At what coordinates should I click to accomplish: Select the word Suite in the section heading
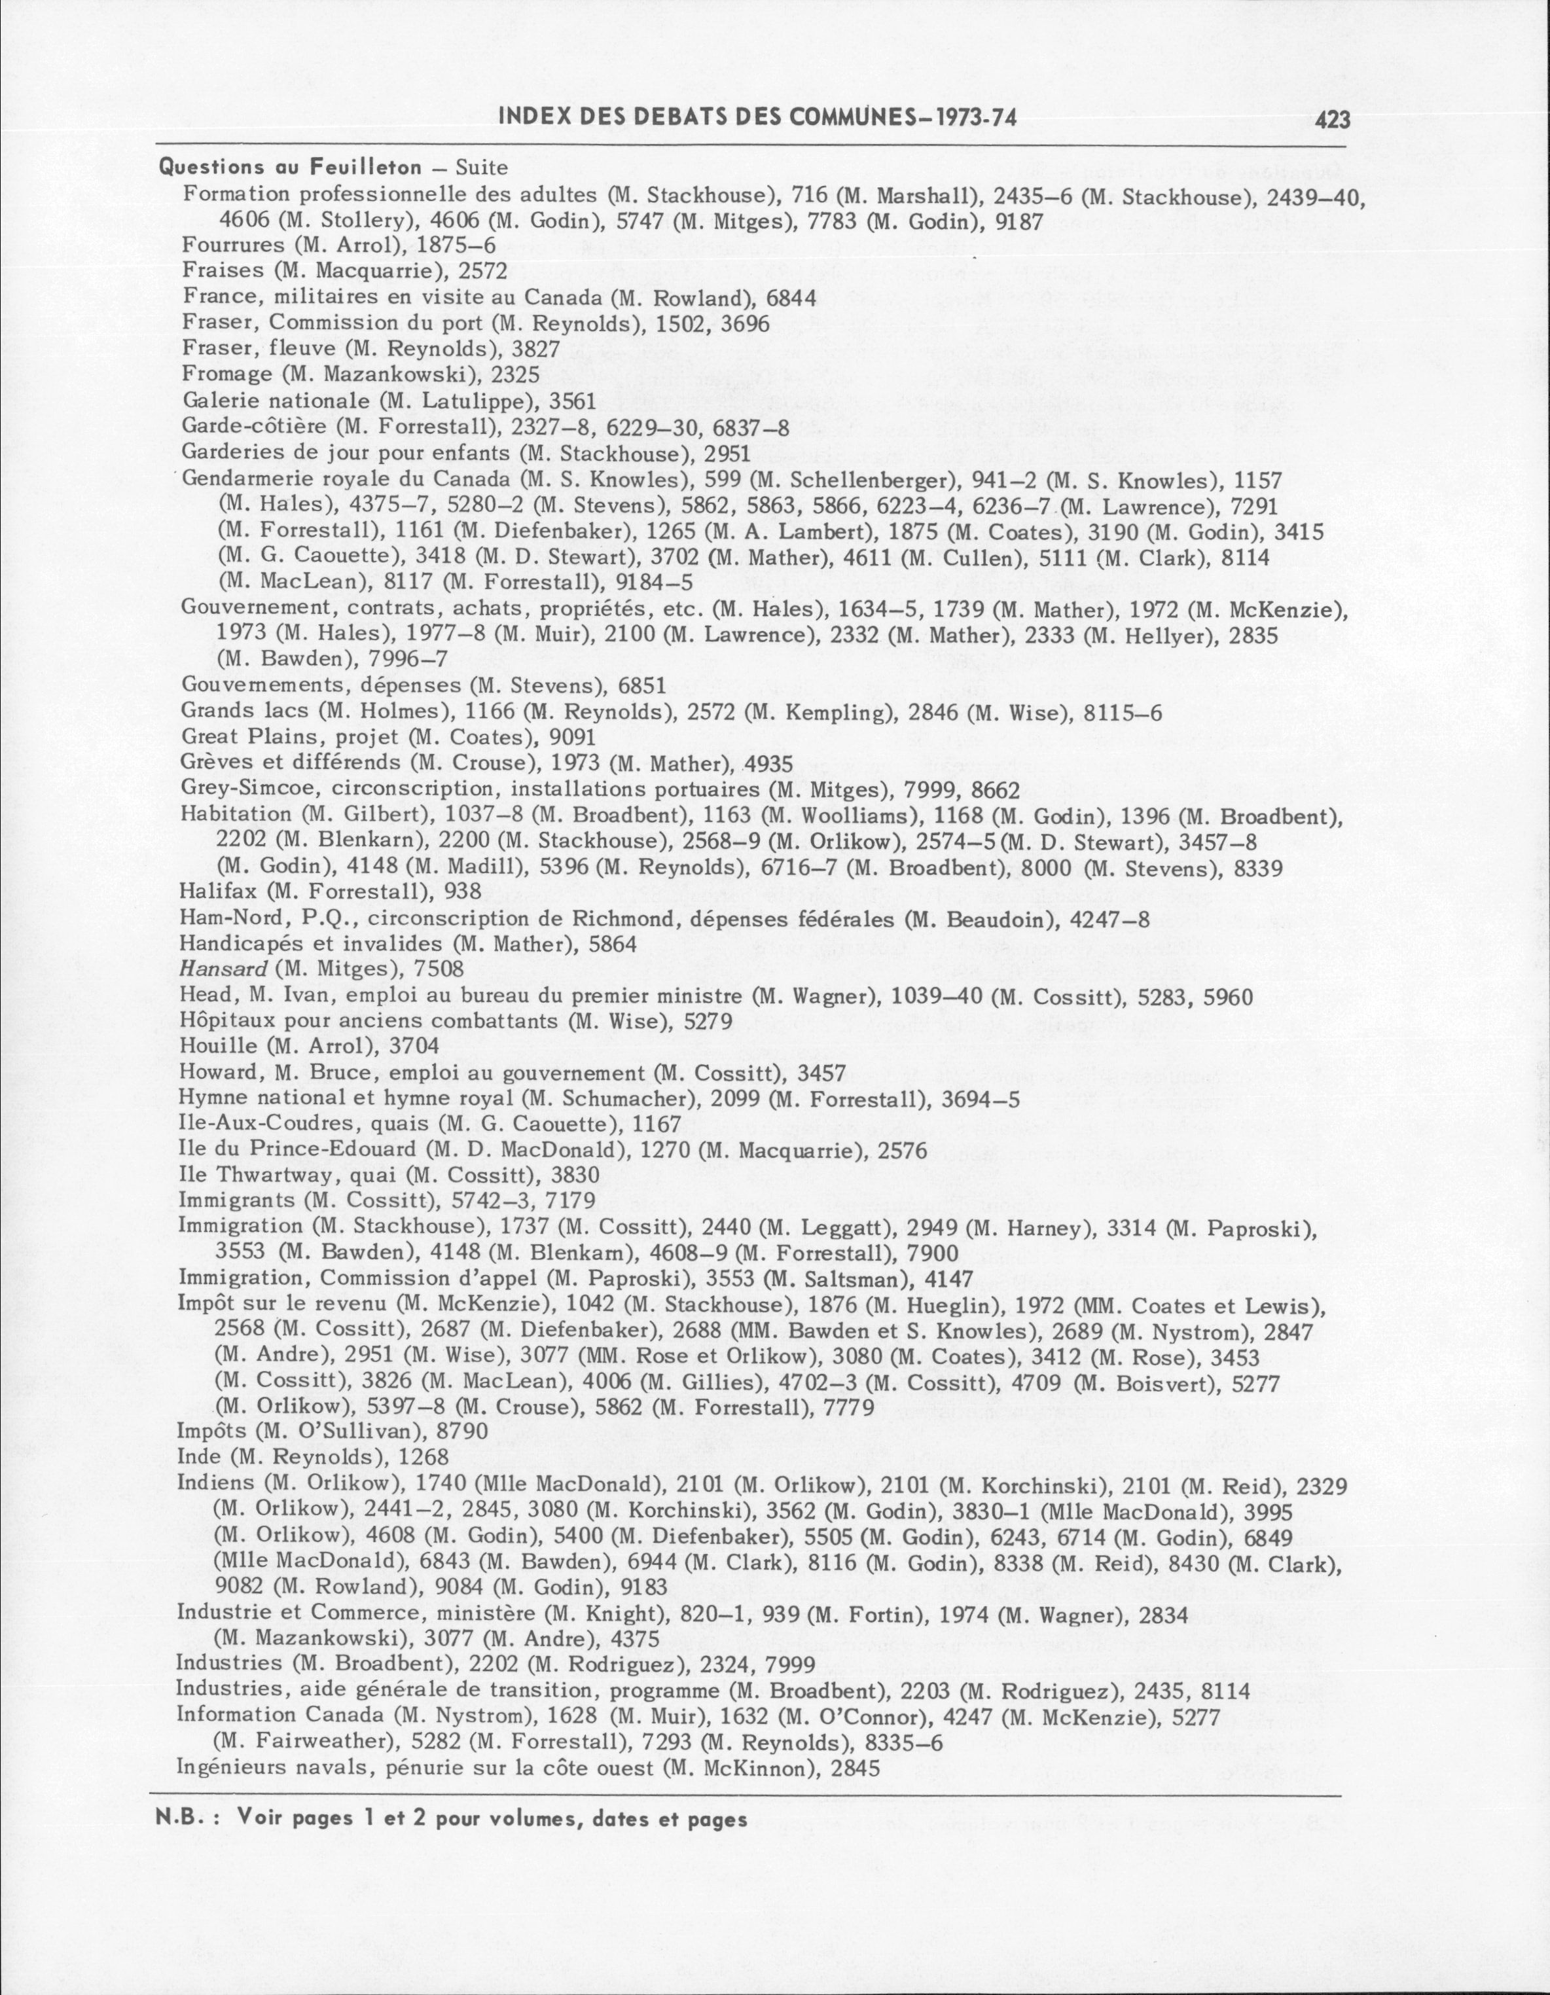click(x=481, y=168)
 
